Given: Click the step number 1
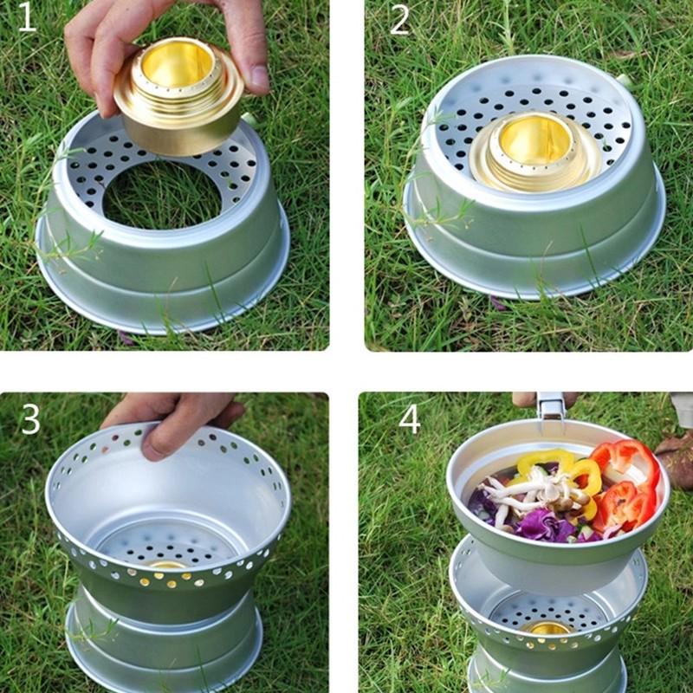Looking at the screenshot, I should [x=27, y=18].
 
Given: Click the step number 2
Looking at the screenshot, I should [x=398, y=20].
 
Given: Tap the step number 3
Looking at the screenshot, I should [x=30, y=418].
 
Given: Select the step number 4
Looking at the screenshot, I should [x=409, y=419].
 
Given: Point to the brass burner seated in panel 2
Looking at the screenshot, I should [x=534, y=152].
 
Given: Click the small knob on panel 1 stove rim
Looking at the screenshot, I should [x=248, y=118].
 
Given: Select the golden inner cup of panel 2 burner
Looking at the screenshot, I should [x=534, y=139].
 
